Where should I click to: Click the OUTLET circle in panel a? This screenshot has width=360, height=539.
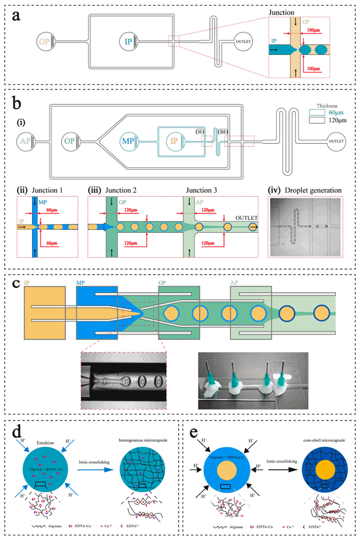243,42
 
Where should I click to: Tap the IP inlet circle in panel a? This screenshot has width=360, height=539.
129,42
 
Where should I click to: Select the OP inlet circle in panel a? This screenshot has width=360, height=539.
46,42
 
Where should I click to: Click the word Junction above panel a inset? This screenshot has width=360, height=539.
281,12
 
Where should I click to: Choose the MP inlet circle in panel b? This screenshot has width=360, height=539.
129,141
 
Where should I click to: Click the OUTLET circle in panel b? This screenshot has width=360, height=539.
336,141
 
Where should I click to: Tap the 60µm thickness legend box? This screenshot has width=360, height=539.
317,112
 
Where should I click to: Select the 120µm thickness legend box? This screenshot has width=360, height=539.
317,120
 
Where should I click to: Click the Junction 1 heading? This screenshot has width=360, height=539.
47,190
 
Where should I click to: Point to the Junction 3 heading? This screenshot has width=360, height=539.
201,190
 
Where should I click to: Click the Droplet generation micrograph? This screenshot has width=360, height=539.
305,227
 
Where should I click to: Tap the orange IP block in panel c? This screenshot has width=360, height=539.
44,313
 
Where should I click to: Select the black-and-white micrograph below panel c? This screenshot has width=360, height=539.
124,381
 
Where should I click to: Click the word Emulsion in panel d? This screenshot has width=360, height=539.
45,443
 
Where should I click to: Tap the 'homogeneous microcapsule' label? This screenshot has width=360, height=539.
143,440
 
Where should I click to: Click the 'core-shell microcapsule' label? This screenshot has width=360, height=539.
324,440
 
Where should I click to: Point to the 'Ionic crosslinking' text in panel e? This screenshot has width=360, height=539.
282,461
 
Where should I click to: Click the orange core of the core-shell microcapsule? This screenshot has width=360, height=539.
325,470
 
